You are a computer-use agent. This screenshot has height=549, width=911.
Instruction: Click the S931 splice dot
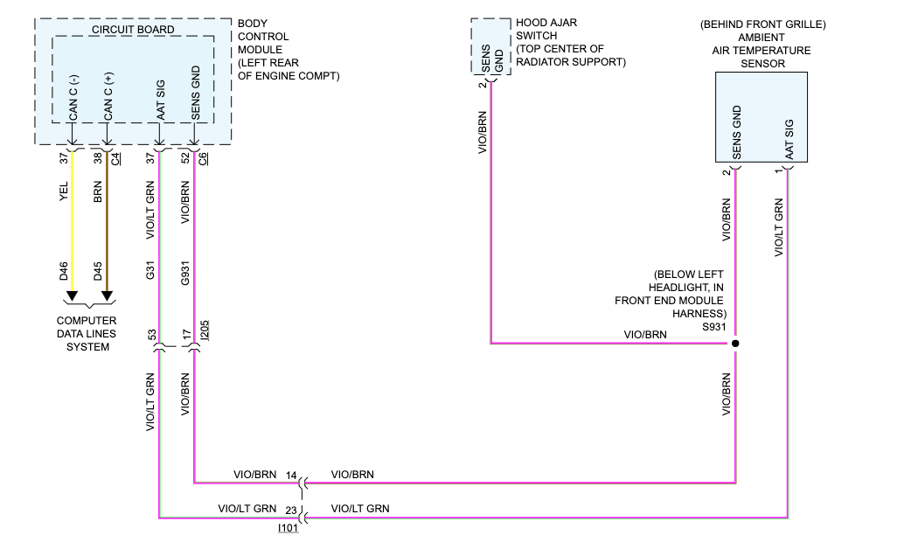point(735,344)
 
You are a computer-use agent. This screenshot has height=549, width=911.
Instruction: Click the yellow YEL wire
point(73,219)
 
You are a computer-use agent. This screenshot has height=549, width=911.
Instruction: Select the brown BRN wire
point(107,219)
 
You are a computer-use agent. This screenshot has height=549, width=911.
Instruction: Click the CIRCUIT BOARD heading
point(133,30)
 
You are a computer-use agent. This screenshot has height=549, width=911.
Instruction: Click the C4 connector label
point(115,158)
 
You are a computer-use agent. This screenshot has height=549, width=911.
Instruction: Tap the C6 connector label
point(203,158)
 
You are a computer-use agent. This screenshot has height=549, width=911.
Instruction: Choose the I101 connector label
point(289,528)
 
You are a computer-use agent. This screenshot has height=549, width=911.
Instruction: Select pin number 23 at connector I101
point(291,509)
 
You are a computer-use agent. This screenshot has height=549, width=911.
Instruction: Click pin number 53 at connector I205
point(151,335)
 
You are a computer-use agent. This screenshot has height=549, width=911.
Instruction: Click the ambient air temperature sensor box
point(761,117)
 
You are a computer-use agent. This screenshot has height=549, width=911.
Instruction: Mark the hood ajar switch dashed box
point(490,48)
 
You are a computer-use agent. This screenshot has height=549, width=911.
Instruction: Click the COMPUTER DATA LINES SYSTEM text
point(87,334)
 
